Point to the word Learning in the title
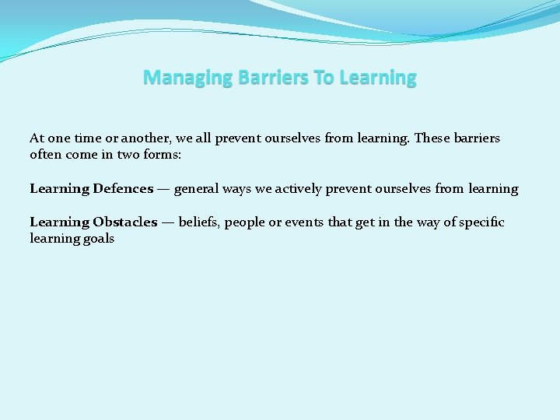(377, 78)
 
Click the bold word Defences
(123, 189)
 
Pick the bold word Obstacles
(124, 222)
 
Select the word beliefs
(200, 222)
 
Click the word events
(304, 222)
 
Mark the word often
(45, 155)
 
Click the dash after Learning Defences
(163, 189)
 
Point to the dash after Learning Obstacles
(167, 222)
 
